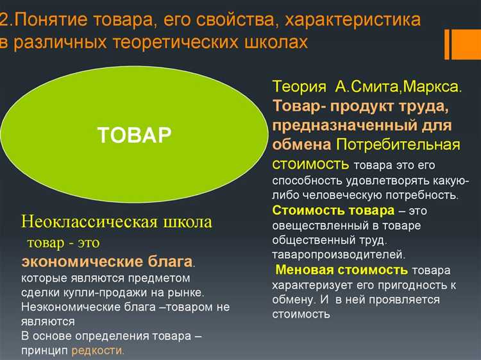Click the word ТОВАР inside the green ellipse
point(134,134)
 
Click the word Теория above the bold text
point(296,87)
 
